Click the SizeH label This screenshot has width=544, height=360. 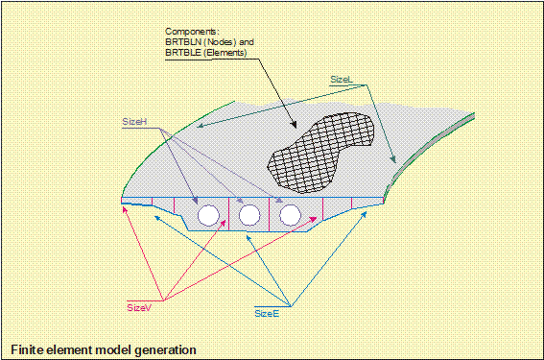click(134, 122)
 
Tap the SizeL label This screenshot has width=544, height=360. click(342, 80)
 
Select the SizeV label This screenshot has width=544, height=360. click(139, 307)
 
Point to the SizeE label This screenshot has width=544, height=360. click(267, 314)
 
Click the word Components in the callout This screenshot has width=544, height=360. click(192, 32)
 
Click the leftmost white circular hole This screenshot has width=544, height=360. click(208, 215)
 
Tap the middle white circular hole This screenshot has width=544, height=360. click(249, 215)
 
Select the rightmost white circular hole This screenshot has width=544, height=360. click(290, 215)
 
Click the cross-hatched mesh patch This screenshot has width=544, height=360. click(320, 153)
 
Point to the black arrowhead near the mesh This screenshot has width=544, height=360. click(294, 125)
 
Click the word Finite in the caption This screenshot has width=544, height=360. click(27, 349)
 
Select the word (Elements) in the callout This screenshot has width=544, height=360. click(225, 53)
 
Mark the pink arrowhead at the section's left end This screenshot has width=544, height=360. click(125, 209)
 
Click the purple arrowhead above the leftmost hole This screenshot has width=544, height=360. click(196, 201)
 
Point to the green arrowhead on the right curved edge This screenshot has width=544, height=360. click(393, 159)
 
